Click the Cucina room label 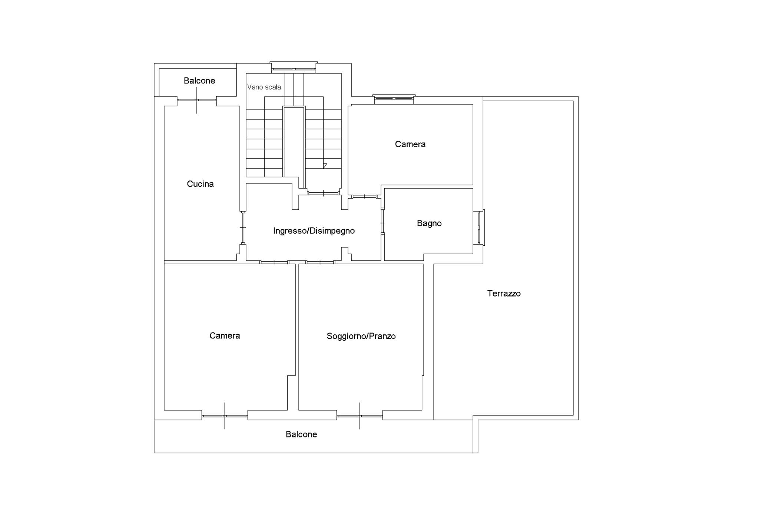[x=200, y=184]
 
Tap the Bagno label [x=429, y=223]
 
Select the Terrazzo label [x=504, y=294]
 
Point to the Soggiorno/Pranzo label [x=361, y=336]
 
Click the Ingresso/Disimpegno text [x=314, y=231]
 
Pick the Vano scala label [x=264, y=87]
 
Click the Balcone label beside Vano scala [x=199, y=81]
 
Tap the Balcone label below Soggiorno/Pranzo [x=301, y=434]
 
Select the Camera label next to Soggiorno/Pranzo [x=225, y=336]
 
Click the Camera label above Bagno [x=410, y=144]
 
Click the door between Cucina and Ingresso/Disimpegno [x=243, y=227]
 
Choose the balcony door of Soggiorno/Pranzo [x=359, y=416]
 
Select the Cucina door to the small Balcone [x=197, y=100]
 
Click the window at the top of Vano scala [x=294, y=69]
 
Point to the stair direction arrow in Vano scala [x=325, y=166]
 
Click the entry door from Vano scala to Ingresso [x=324, y=193]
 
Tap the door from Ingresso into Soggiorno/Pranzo [x=320, y=262]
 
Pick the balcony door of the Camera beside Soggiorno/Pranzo [x=225, y=416]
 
